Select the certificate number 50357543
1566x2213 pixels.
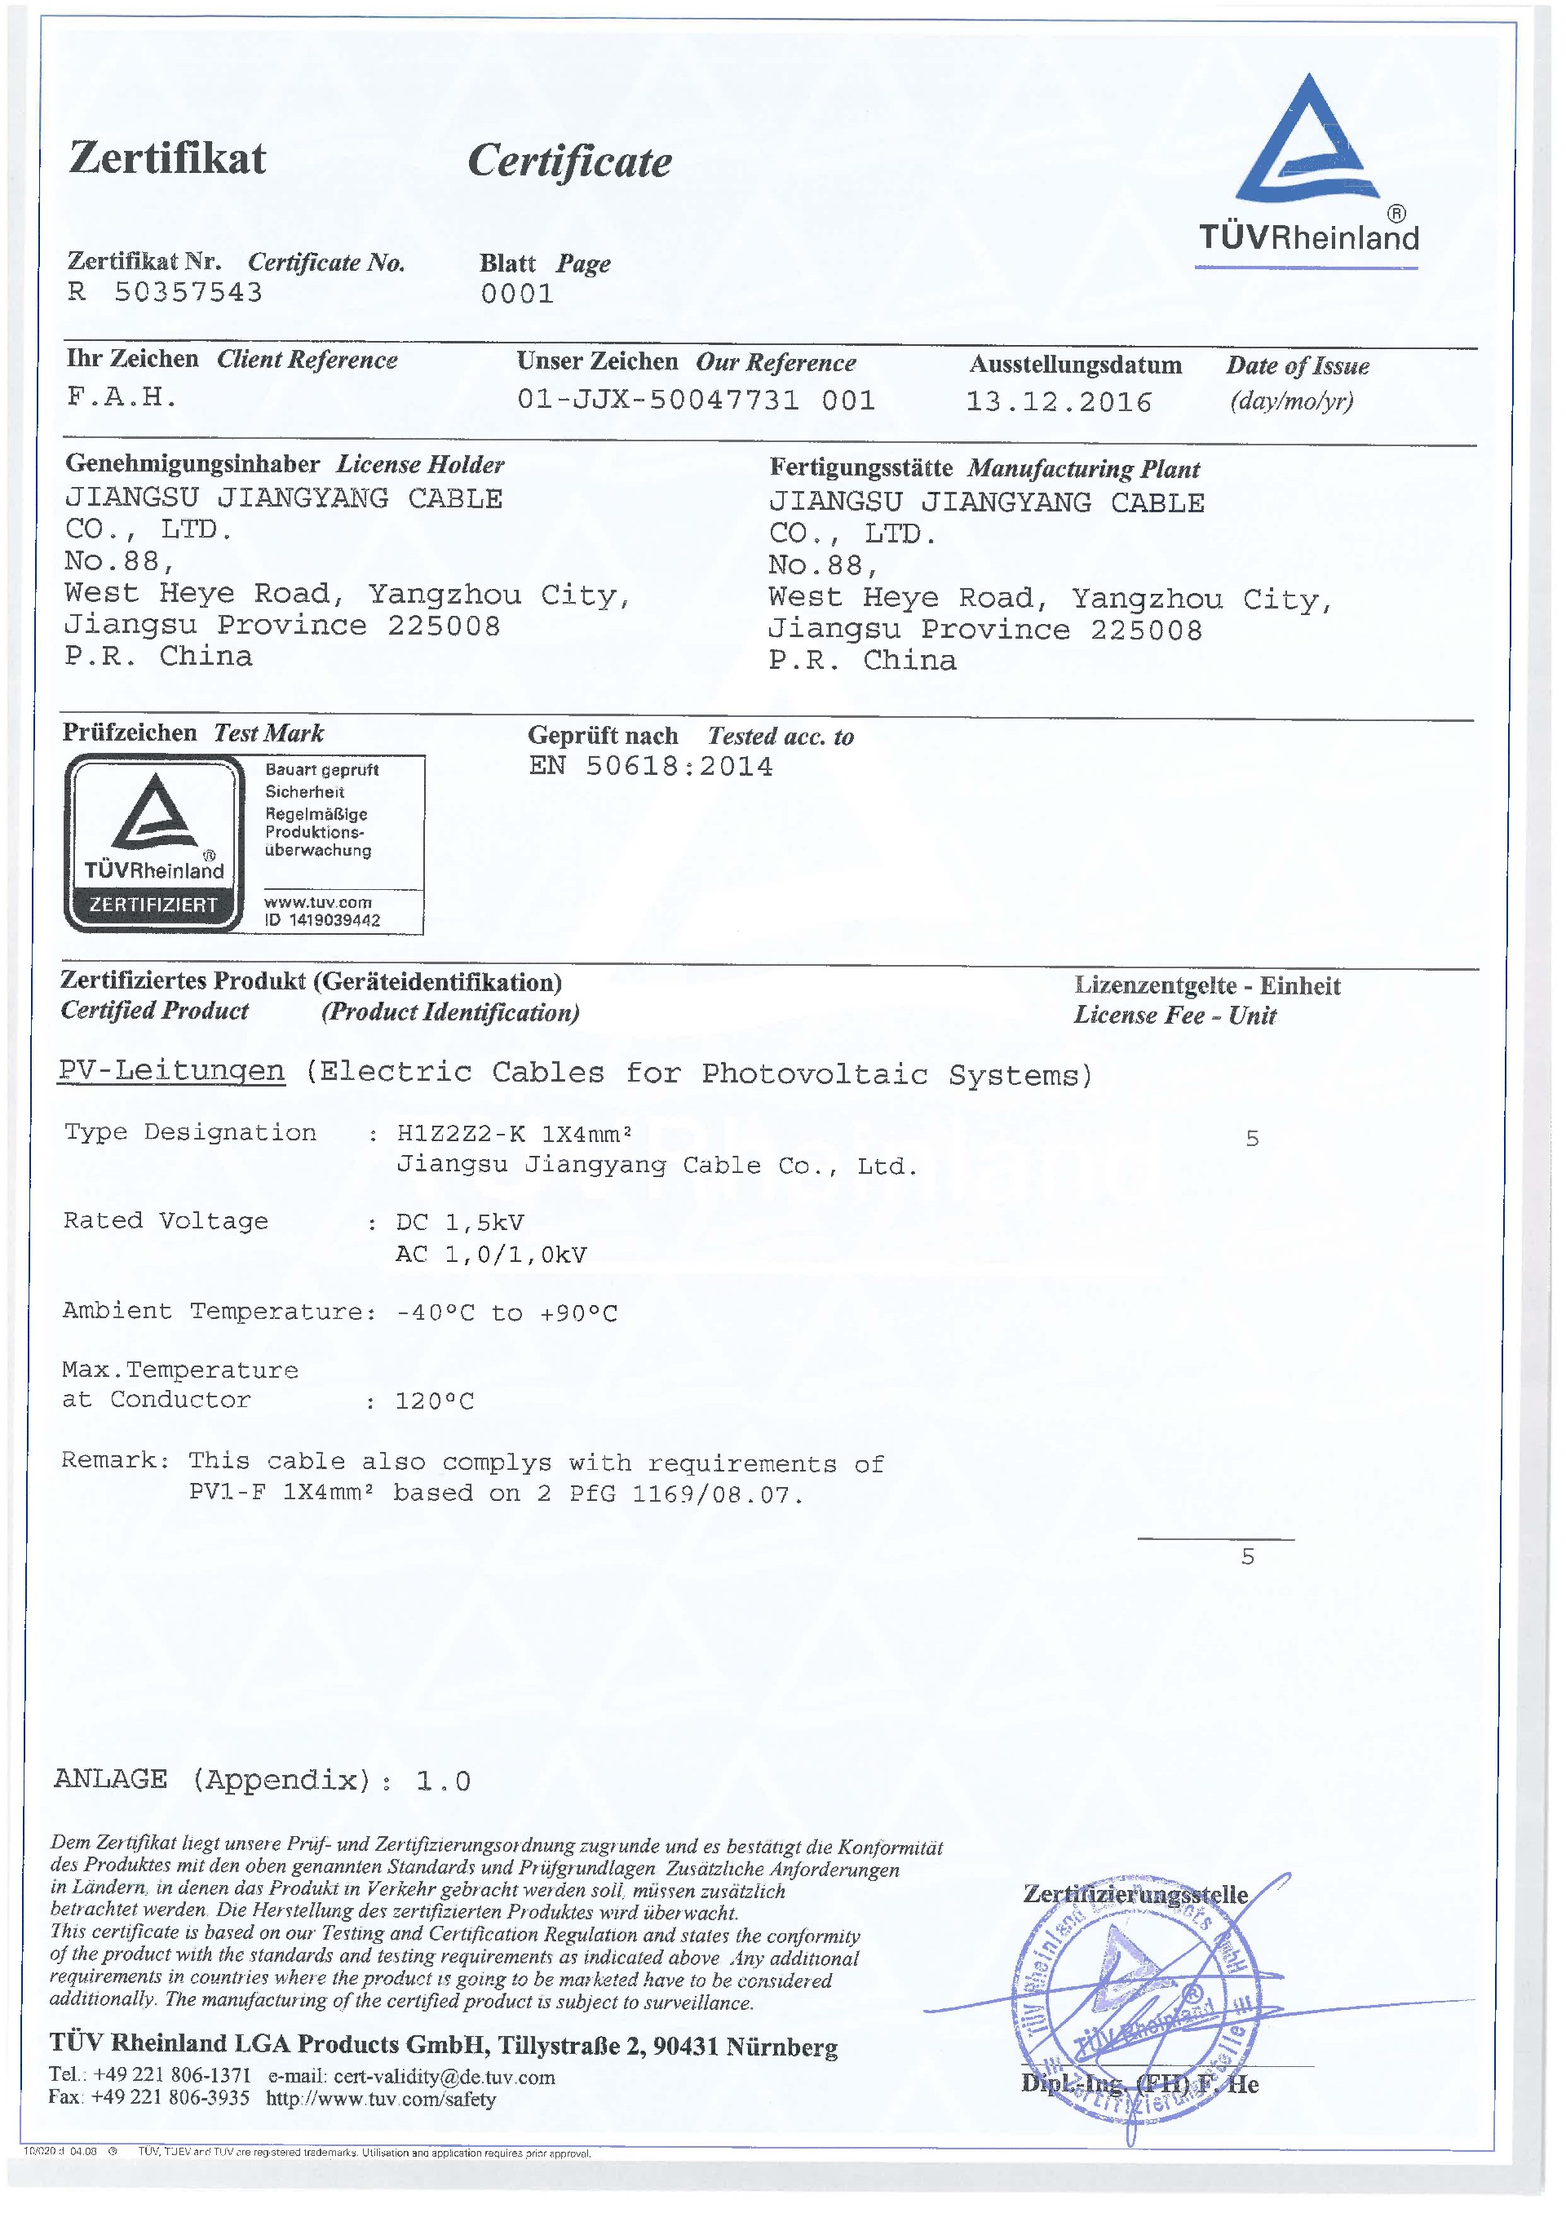[188, 292]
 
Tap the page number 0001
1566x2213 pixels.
[517, 294]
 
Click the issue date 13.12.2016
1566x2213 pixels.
[1059, 402]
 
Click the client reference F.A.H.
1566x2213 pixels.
[122, 396]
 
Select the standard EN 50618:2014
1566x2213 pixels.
[651, 767]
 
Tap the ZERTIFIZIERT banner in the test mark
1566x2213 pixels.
[153, 905]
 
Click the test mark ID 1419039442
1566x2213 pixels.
[334, 920]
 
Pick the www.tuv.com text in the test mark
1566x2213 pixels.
[318, 901]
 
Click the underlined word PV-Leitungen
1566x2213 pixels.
[171, 1071]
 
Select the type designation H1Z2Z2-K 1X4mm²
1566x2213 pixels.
[514, 1133]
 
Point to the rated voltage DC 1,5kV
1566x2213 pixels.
[460, 1223]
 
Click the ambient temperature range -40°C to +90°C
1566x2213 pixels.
[507, 1312]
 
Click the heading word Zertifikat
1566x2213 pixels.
[168, 158]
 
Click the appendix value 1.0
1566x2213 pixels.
[444, 1781]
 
